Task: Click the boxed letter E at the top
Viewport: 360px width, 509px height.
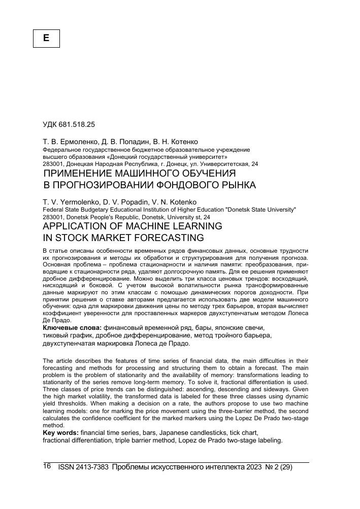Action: pyautogui.click(x=46, y=38)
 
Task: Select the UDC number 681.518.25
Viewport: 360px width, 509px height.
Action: pyautogui.click(x=78, y=123)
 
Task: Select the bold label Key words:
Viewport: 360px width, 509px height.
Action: pyautogui.click(x=60, y=432)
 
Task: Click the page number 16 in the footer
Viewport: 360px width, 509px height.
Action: pyautogui.click(x=46, y=466)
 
